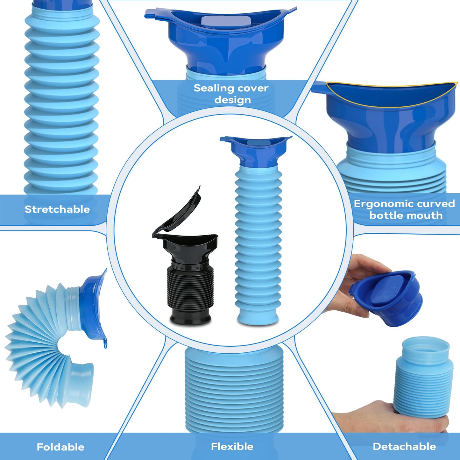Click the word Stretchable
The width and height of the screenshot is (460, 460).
(x=57, y=209)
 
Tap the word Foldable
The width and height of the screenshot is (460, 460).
(x=60, y=447)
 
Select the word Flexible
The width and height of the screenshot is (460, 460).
(x=232, y=446)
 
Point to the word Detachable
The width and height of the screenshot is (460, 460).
(x=404, y=446)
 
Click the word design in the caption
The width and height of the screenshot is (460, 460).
(x=232, y=100)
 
